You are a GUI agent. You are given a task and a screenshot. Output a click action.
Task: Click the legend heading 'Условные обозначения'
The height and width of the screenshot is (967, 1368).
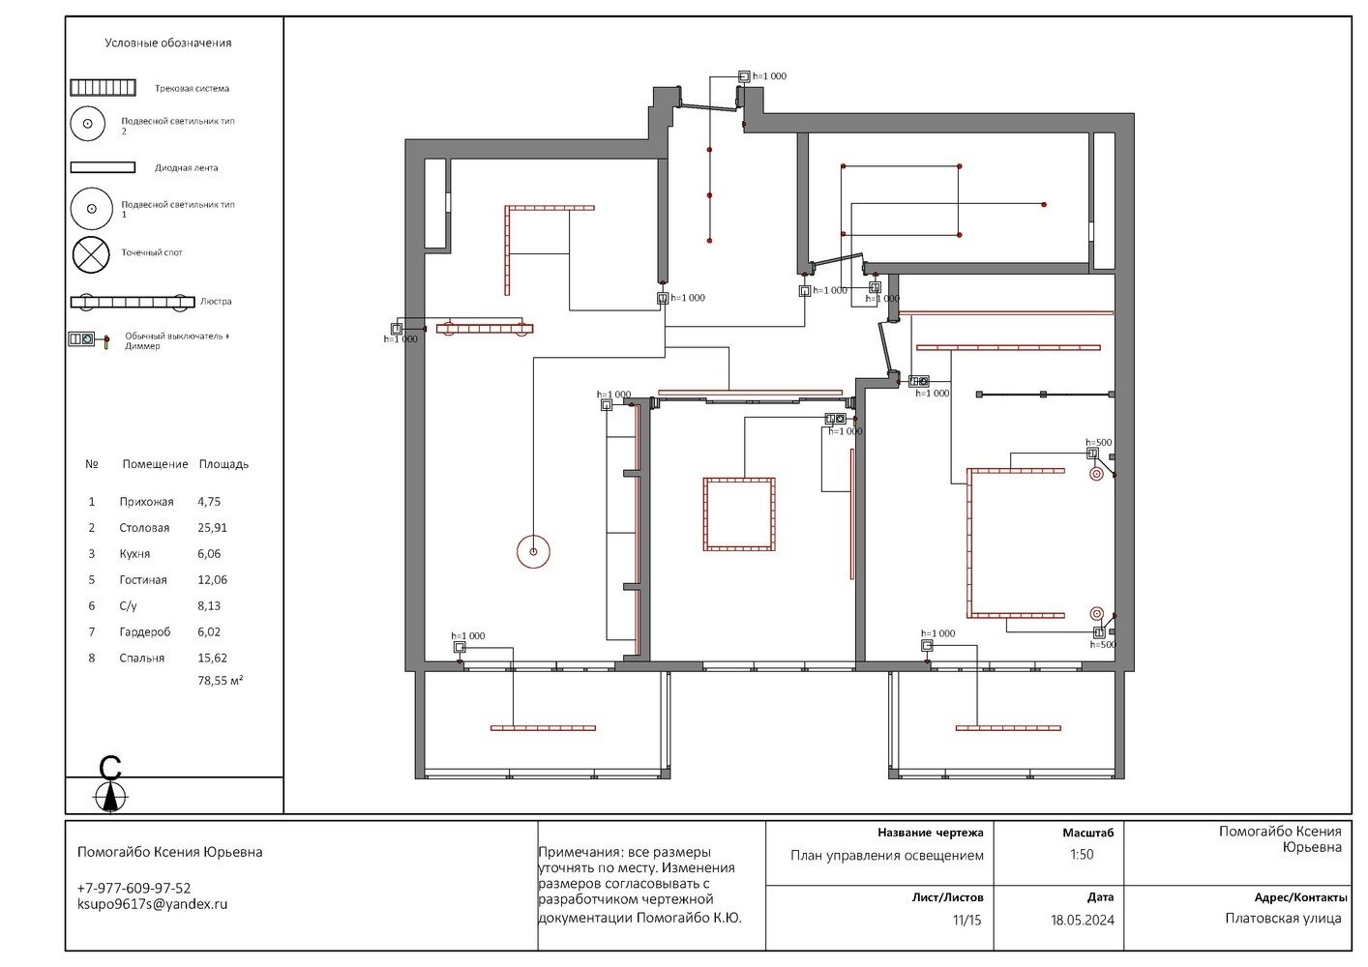pyautogui.click(x=168, y=43)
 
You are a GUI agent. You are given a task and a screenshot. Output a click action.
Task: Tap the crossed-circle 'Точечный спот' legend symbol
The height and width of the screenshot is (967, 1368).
pyautogui.click(x=91, y=254)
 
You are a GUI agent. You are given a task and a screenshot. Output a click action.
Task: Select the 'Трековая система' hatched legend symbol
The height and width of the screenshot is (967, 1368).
pyautogui.click(x=103, y=88)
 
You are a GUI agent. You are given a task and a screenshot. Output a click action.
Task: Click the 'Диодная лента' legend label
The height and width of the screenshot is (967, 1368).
pyautogui.click(x=187, y=168)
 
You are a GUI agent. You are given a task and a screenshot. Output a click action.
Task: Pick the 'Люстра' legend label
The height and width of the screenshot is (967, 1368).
pyautogui.click(x=216, y=301)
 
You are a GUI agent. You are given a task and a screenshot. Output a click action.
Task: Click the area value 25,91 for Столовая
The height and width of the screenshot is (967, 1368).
pyautogui.click(x=213, y=527)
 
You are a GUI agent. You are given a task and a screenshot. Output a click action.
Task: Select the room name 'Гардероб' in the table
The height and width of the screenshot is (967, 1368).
pyautogui.click(x=145, y=631)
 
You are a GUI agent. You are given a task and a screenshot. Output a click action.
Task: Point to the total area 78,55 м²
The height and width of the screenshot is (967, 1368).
pyautogui.click(x=221, y=680)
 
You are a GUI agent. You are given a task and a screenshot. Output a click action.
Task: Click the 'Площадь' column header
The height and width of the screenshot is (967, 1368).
pyautogui.click(x=223, y=464)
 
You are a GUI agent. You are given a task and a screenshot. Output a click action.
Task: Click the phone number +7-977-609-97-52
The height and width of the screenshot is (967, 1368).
pyautogui.click(x=134, y=888)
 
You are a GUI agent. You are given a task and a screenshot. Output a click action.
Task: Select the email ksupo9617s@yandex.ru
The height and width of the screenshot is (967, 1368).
pyautogui.click(x=152, y=904)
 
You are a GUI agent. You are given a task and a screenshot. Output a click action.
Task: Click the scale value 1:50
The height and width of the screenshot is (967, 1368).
pyautogui.click(x=1082, y=854)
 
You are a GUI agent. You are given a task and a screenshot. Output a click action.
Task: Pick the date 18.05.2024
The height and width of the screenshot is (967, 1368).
pyautogui.click(x=1083, y=920)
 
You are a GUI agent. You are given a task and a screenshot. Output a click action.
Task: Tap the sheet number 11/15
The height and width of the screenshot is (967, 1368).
pyautogui.click(x=967, y=920)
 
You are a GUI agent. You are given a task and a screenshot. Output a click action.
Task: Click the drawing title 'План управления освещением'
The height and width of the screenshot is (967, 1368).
pyautogui.click(x=887, y=855)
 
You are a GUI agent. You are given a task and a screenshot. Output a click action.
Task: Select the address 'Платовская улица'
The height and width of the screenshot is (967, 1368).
pyautogui.click(x=1283, y=918)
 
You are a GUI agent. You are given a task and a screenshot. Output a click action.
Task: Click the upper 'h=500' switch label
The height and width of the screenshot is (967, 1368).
pyautogui.click(x=1098, y=442)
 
